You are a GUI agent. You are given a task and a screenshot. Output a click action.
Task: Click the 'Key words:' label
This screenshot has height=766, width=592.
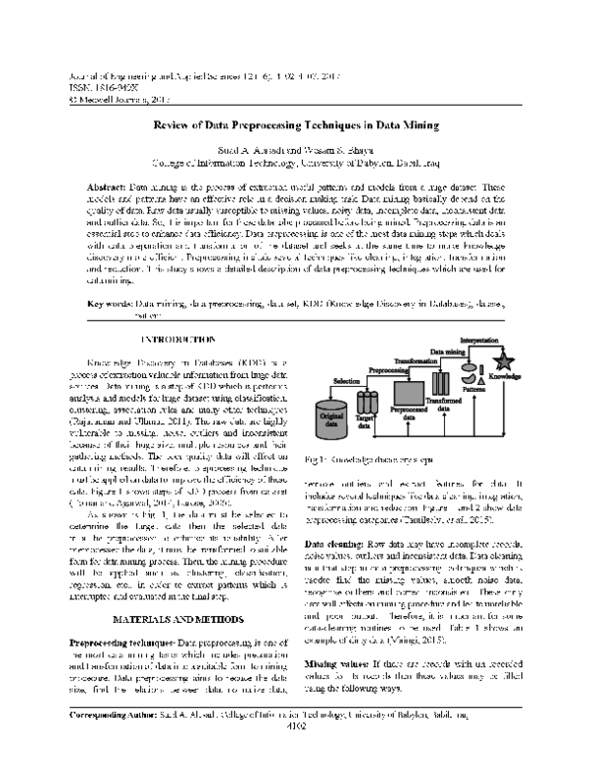coord(111,305)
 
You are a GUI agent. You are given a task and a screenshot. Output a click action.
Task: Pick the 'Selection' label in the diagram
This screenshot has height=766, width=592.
coord(349,379)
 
